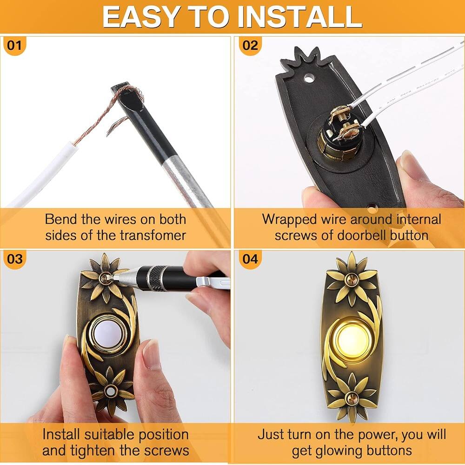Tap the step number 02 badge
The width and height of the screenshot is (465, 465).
pos(250,46)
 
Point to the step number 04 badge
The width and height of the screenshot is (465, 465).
pos(250,259)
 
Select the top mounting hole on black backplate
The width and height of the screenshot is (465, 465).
pos(309,79)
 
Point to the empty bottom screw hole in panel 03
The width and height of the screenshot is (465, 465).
pos(110,392)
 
